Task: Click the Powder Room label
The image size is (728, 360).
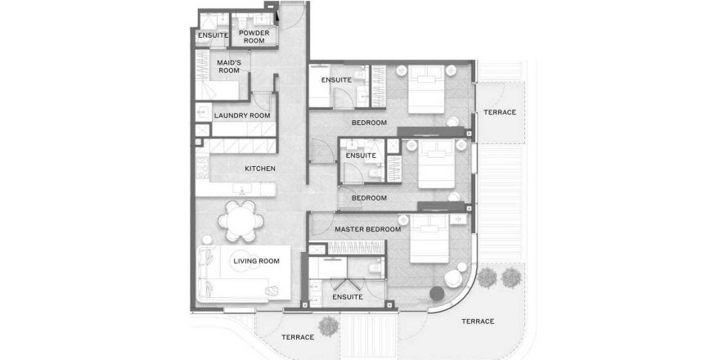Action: [x=254, y=37]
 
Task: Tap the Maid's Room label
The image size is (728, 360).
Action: [x=228, y=66]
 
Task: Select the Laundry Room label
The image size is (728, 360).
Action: [x=242, y=115]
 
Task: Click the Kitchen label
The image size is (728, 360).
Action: [x=260, y=169]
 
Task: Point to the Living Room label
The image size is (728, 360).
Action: [x=256, y=261]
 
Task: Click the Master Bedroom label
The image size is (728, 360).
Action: [x=368, y=229]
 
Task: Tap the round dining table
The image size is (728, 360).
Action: [x=241, y=221]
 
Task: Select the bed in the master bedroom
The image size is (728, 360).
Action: [x=429, y=239]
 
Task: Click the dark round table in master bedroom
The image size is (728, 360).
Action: [x=437, y=294]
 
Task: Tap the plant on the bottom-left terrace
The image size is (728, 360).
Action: [x=329, y=326]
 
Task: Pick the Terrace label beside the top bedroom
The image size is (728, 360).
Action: [x=500, y=112]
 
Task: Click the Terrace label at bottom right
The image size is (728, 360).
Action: [x=478, y=322]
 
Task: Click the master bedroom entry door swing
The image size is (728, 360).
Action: [x=321, y=224]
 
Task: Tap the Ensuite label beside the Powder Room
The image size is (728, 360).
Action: [x=213, y=35]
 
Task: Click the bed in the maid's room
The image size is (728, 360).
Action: [x=217, y=91]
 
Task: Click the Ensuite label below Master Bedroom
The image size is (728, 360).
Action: [x=348, y=297]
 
